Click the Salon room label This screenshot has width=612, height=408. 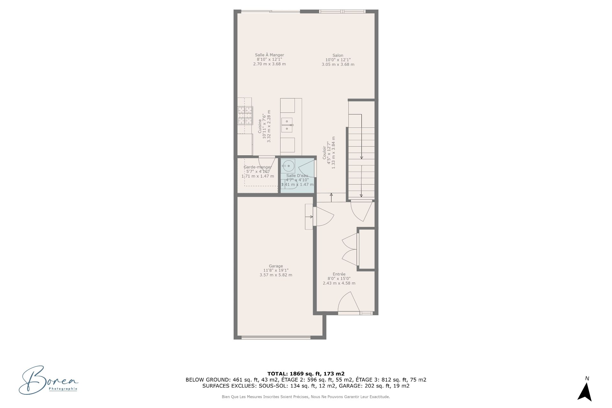[x=338, y=55]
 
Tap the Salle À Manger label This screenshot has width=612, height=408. [x=269, y=55]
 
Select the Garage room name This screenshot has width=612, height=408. [x=276, y=266]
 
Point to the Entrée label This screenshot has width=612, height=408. [x=339, y=274]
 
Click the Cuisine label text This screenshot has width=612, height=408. [x=260, y=126]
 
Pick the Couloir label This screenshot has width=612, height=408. [x=324, y=153]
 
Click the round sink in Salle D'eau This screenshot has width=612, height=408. [x=288, y=166]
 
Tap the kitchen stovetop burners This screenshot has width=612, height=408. [x=245, y=115]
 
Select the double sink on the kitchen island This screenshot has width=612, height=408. [x=287, y=125]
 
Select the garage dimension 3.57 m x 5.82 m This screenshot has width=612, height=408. [x=276, y=275]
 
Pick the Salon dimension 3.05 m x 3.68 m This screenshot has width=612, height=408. [x=338, y=64]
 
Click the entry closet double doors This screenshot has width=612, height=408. [x=350, y=249]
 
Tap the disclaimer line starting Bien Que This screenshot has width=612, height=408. [x=306, y=397]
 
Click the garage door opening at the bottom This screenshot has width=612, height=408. [x=276, y=337]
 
